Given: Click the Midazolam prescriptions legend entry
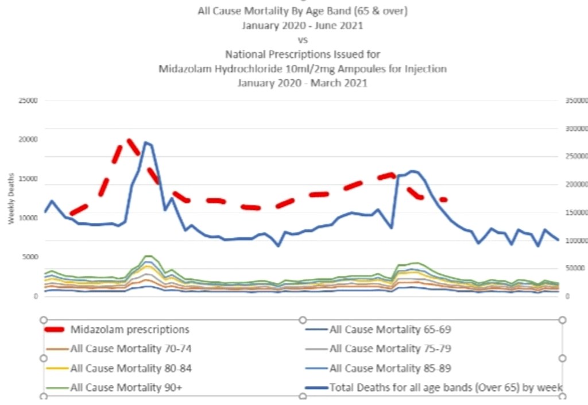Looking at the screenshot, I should tap(129, 329).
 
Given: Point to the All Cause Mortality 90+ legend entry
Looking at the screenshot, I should tap(126, 387).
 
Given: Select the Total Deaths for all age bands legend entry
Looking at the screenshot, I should tap(446, 387).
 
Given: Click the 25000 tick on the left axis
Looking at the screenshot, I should tap(28, 101).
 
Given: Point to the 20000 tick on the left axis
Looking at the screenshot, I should tap(28, 140).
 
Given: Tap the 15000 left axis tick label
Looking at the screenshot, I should tap(28, 179).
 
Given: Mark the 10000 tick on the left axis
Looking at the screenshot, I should tap(28, 218).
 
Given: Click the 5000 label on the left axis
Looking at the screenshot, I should tap(30, 257).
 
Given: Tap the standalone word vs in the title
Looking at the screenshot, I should tap(303, 40).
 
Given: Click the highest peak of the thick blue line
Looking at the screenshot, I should tap(146, 142).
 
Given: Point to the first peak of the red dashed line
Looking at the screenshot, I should tap(127, 140).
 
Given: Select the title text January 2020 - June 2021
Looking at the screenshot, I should tap(303, 26).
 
